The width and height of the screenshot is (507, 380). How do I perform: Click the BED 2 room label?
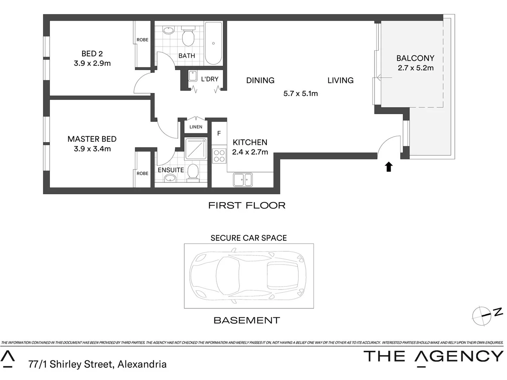[92, 54]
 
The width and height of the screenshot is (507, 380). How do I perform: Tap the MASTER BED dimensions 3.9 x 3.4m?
[92, 149]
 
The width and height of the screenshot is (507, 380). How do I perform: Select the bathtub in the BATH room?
[213, 44]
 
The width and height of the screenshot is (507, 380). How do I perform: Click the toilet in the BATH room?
[188, 37]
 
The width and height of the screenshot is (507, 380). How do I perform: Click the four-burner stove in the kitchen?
[219, 156]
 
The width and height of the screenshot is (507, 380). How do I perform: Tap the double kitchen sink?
[243, 180]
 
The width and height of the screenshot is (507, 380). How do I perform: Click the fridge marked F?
[219, 133]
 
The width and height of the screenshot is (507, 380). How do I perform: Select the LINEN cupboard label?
[196, 127]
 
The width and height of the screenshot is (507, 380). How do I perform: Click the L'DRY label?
[209, 79]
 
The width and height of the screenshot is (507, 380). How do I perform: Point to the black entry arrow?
[388, 167]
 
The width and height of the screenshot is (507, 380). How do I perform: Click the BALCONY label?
[415, 58]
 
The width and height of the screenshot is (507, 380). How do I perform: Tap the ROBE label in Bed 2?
[142, 40]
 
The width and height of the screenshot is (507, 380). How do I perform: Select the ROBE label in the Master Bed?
[142, 173]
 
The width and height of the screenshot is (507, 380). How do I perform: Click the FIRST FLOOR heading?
[247, 205]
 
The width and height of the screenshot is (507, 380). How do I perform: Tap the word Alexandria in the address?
[142, 364]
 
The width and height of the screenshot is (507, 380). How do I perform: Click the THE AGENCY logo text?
[433, 356]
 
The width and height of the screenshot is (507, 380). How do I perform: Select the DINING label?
[260, 81]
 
